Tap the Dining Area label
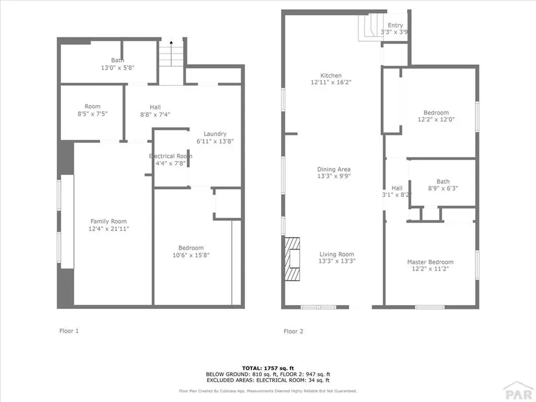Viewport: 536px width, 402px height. (333, 170)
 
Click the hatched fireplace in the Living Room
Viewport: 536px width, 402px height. (293, 260)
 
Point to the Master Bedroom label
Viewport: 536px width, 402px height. (430, 262)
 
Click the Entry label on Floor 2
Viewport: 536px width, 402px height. (395, 25)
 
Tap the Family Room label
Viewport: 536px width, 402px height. (108, 221)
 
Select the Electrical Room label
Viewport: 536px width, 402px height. (171, 156)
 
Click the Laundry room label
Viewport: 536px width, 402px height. (215, 134)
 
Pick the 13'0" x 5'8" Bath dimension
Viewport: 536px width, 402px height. (118, 68)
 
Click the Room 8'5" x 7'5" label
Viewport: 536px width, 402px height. (93, 107)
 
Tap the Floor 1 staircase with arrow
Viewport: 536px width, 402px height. (172, 53)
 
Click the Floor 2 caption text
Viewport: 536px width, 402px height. (293, 331)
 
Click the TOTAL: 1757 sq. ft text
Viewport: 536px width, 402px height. (267, 367)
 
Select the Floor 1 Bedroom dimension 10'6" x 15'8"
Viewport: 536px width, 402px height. (191, 255)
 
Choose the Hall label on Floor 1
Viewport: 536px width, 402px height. (155, 107)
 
